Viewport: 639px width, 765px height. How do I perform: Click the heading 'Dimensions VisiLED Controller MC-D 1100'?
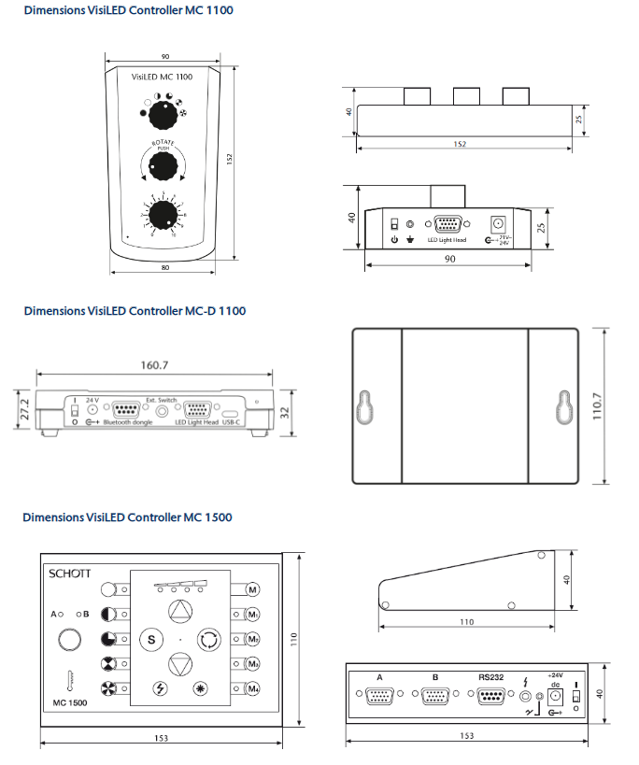[135, 311]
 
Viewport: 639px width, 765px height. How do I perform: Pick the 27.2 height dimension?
[25, 409]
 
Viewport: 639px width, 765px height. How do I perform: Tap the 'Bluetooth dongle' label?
[129, 423]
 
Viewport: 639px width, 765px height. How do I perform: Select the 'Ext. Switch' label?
[161, 399]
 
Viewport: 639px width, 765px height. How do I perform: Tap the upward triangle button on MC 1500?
[178, 613]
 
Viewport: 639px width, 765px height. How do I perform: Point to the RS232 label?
[489, 677]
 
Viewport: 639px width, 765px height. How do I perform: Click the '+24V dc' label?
[557, 678]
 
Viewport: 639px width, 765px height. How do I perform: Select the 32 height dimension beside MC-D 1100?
[285, 410]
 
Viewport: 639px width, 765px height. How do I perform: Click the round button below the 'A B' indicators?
[70, 640]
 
